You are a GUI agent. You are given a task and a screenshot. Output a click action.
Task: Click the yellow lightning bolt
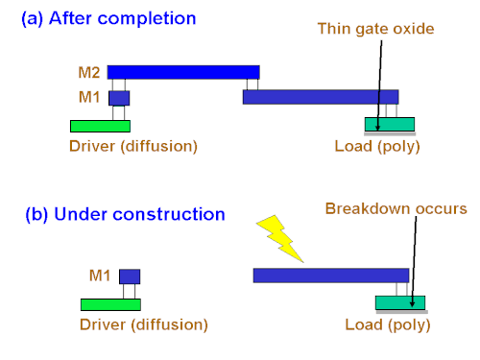[x=279, y=238]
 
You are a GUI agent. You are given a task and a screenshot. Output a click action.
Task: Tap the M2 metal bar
[x=183, y=72]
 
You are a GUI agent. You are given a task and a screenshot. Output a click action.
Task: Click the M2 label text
[x=89, y=73]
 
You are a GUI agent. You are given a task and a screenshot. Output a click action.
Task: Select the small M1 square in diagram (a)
[x=119, y=98]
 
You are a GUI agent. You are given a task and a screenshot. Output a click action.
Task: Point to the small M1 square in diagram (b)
[x=130, y=276]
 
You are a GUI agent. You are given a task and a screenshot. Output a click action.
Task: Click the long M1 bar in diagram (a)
[x=321, y=97]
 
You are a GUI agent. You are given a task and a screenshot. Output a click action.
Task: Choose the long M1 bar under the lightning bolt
[x=331, y=276]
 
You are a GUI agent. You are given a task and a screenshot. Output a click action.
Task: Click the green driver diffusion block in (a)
[x=100, y=126]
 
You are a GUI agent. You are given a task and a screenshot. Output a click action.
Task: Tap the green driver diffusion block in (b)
[x=110, y=304]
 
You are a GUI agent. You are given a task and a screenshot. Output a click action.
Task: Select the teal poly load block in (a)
[x=390, y=124]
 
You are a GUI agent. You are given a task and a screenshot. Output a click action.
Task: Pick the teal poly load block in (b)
[x=400, y=302]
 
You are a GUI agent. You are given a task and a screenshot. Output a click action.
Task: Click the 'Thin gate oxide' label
[x=375, y=29]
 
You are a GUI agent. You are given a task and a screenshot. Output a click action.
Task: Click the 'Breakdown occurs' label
[x=396, y=208]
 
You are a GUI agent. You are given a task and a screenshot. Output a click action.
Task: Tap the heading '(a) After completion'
[x=108, y=18]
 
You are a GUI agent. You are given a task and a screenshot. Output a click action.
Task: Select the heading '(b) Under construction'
[x=125, y=214]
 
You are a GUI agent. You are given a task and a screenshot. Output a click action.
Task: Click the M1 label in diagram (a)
[x=89, y=97]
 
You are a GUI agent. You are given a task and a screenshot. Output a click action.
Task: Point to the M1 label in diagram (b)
[x=100, y=276]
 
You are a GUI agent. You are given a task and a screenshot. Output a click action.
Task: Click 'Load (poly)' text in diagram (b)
[x=388, y=325]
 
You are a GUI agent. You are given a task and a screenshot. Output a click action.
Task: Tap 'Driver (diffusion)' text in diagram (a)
[x=133, y=147]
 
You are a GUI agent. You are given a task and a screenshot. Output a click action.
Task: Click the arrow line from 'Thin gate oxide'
[x=379, y=85]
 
